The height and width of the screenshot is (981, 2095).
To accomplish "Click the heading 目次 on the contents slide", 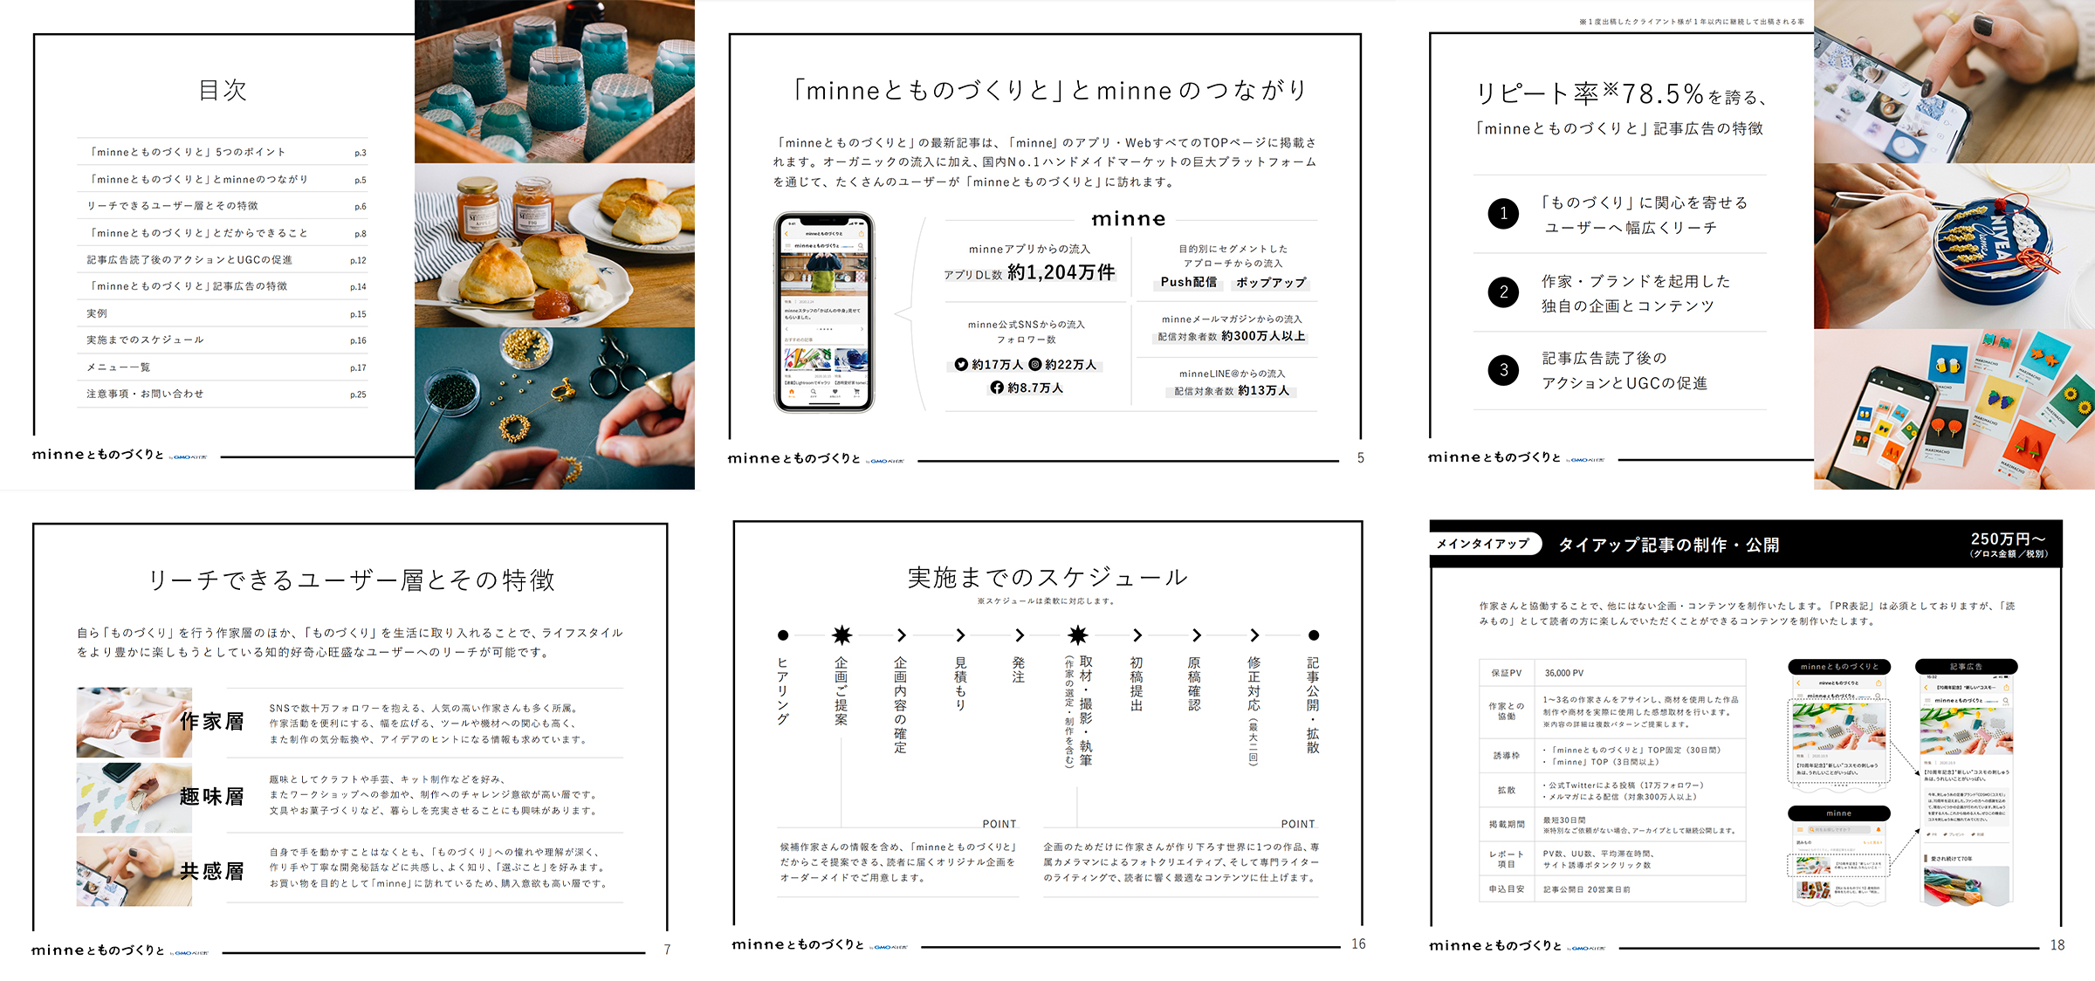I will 223,90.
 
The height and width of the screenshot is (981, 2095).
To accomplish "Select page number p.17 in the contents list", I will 358,367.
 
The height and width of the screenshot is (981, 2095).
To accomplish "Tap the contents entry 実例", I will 97,313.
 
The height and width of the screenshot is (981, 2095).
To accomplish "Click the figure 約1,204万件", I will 1061,272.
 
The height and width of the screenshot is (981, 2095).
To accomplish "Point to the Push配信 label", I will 1188,282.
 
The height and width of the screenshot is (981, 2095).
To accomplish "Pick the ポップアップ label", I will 1271,283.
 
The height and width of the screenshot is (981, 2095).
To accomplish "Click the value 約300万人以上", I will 1263,336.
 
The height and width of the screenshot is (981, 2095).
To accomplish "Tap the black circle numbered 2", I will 1503,292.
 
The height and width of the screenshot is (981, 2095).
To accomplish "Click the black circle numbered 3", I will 1503,370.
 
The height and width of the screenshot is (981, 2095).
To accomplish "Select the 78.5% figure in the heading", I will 1663,93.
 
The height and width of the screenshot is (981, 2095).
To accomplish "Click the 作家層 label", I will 212,722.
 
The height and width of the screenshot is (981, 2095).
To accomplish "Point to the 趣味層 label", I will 212,796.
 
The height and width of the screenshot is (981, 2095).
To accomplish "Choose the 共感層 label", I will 212,871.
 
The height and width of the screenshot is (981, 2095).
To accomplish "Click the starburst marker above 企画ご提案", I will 841,635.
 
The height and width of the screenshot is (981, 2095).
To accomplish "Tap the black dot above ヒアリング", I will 783,635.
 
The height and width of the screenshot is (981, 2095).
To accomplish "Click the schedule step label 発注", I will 1019,670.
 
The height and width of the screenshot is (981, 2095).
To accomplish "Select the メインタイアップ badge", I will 1482,544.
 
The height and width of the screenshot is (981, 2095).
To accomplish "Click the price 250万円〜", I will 2008,539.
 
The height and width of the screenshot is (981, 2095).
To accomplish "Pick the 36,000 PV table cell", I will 1564,673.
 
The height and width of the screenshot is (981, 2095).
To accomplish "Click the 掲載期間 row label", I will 1507,824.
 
